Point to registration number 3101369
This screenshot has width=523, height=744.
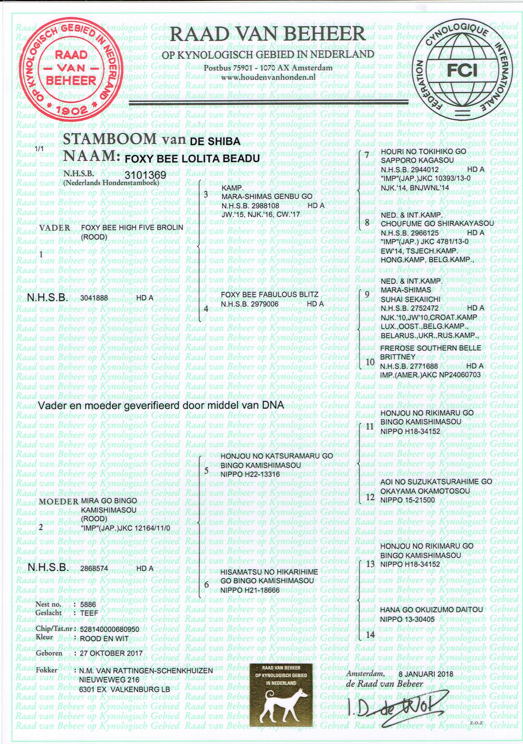point(145,175)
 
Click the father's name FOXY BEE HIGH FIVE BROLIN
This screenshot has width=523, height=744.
point(132,228)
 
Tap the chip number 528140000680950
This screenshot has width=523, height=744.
point(110,629)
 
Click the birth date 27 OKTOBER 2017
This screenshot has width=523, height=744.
point(111,653)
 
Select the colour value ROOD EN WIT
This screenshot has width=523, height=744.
point(104,639)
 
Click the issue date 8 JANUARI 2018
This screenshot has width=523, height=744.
point(425,673)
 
